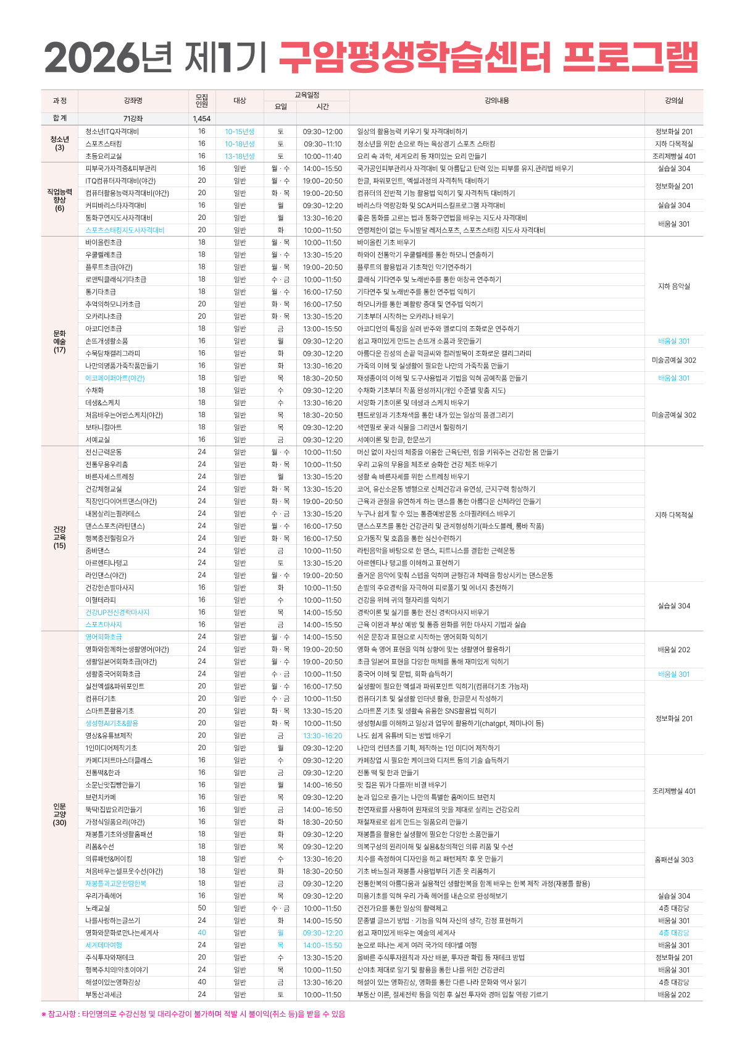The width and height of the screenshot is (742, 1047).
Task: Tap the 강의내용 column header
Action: click(496, 101)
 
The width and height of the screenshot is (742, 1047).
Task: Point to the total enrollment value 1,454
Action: click(201, 119)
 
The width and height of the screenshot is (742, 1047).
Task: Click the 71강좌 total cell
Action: click(133, 119)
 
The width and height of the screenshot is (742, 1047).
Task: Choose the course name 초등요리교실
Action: click(104, 156)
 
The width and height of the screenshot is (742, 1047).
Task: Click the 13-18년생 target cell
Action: click(240, 156)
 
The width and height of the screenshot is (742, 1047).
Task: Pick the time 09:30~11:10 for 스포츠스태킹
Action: click(322, 144)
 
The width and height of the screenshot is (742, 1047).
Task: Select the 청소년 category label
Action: click(59, 140)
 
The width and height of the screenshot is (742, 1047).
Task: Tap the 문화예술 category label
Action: click(59, 337)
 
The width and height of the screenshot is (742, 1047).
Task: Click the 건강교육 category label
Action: click(59, 534)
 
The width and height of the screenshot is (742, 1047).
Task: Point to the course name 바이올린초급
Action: click(104, 243)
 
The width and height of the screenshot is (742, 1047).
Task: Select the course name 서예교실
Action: click(98, 440)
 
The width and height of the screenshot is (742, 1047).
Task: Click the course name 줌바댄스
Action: click(98, 550)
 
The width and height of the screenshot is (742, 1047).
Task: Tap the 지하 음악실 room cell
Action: click(674, 286)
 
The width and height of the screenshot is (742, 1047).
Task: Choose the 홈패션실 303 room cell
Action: click(674, 859)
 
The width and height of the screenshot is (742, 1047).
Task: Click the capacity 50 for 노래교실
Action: click(201, 908)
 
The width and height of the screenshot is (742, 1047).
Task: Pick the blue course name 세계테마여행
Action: click(104, 945)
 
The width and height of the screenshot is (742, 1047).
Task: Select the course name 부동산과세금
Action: click(104, 994)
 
